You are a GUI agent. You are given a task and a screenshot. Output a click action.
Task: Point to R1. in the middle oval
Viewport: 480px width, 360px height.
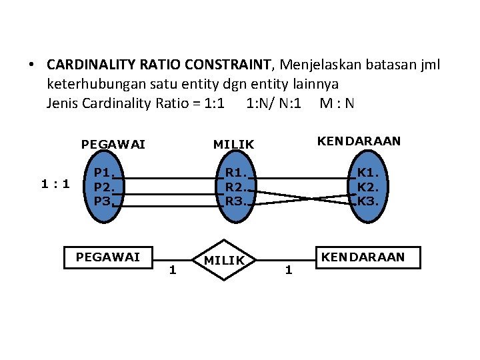[234, 174]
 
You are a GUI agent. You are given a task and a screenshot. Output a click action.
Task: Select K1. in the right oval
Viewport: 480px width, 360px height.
[366, 174]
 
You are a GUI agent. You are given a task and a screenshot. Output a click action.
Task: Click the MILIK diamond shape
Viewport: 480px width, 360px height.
[225, 260]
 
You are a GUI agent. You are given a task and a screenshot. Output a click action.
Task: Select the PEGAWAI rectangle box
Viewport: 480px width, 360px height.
[108, 257]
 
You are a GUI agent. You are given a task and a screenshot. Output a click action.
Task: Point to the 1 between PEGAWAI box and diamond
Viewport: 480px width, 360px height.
[172, 270]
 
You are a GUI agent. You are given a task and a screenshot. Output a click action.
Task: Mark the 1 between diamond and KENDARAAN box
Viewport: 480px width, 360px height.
[288, 270]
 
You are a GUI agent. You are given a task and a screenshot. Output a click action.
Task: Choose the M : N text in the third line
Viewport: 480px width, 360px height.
[337, 103]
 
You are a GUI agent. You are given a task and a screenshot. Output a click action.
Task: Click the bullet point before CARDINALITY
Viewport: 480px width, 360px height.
[31, 65]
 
